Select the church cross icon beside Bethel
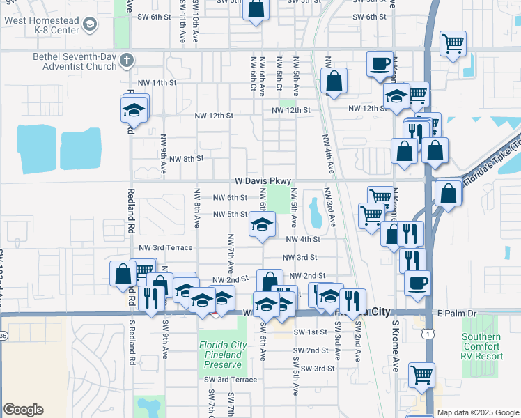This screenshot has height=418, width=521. [126, 59]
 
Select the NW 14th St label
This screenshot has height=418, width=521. [157, 82]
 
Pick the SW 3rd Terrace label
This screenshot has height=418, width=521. [231, 380]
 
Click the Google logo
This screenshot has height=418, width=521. [23, 410]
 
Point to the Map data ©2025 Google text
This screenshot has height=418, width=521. [478, 412]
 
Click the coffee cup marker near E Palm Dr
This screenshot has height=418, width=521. [418, 282]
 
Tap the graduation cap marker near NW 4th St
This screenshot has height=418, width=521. [262, 225]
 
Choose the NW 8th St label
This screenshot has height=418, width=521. [186, 159]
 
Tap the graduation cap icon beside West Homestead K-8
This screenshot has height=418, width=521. [89, 26]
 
